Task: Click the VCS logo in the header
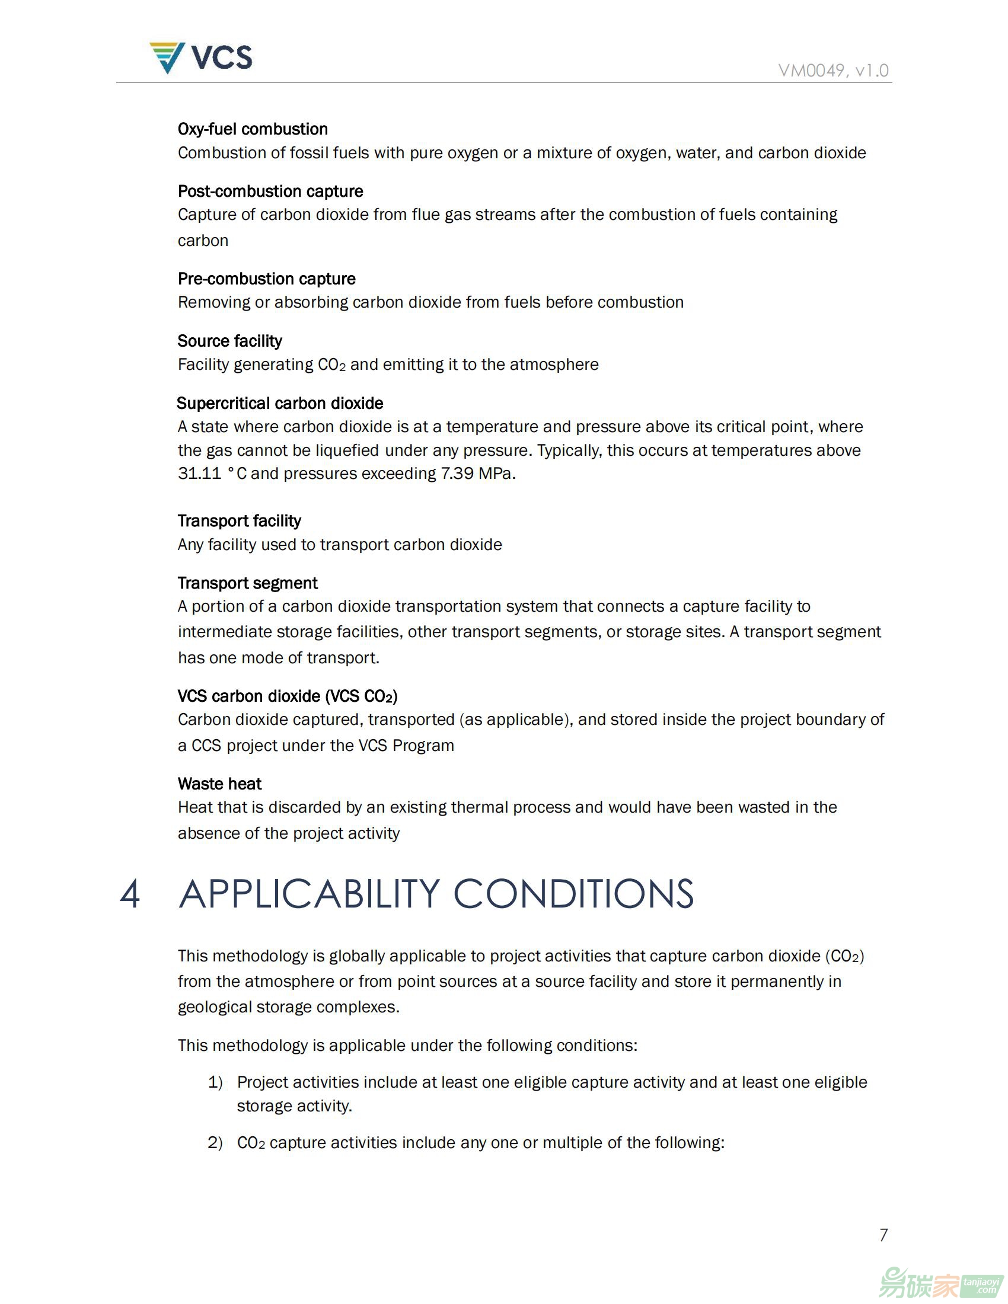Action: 200,58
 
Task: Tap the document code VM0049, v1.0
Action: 833,71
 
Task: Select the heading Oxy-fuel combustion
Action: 253,129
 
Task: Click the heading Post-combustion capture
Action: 270,191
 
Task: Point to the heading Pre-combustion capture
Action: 266,279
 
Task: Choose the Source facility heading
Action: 230,341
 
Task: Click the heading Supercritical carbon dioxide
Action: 280,403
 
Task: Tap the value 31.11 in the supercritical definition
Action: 199,474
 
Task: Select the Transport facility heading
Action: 240,520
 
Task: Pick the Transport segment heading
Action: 248,583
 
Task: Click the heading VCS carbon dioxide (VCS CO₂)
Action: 288,696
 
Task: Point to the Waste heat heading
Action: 220,784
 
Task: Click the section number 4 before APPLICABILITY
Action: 130,894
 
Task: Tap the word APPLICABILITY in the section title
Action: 310,894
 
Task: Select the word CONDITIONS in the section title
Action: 573,894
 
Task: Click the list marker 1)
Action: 215,1082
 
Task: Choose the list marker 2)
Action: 215,1142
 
